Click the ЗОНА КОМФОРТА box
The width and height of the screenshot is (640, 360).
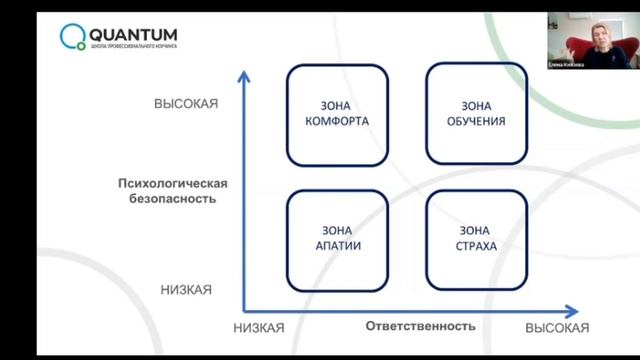click(336, 114)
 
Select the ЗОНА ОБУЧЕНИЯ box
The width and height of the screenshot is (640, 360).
click(476, 114)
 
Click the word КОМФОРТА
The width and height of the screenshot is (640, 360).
click(336, 122)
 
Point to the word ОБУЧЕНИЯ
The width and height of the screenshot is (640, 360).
click(476, 122)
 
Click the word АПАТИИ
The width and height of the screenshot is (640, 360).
click(336, 245)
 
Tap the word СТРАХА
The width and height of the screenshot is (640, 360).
click(476, 245)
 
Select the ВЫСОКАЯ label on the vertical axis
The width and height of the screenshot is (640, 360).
click(185, 104)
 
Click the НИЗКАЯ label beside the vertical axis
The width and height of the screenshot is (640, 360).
click(185, 289)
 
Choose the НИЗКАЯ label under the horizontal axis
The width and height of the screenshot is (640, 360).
click(259, 328)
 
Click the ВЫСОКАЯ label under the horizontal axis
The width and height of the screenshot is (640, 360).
click(557, 328)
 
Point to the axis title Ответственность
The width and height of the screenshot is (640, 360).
click(420, 326)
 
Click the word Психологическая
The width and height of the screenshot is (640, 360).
click(173, 183)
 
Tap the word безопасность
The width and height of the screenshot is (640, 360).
click(173, 198)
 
